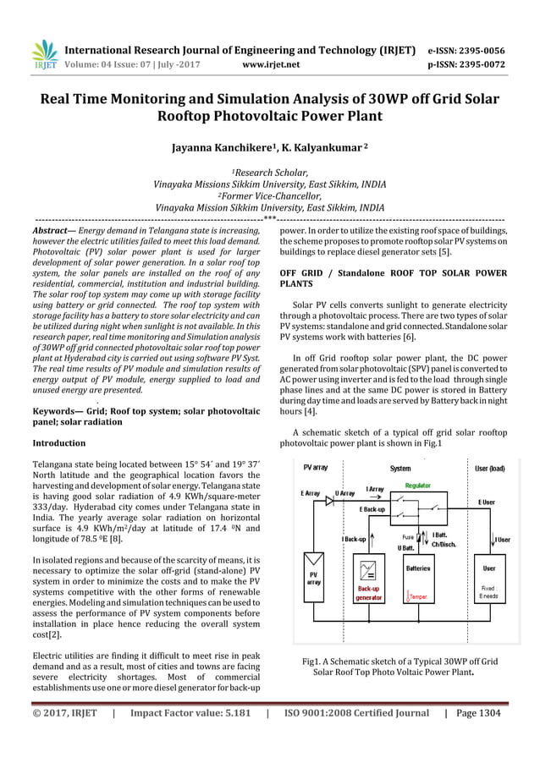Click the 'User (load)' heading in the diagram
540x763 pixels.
[x=489, y=466]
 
